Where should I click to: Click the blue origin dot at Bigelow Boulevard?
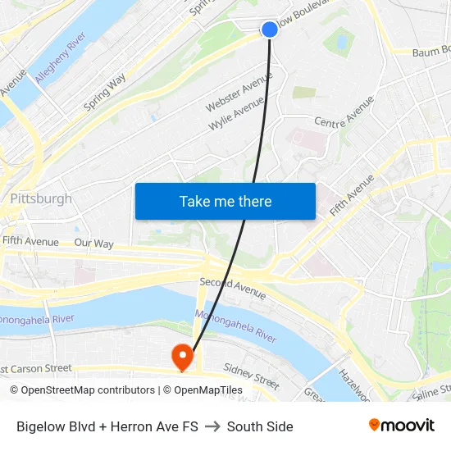[x=270, y=30]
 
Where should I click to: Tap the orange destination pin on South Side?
[x=181, y=356]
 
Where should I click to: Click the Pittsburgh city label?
[x=41, y=198]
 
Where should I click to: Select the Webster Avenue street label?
[x=239, y=92]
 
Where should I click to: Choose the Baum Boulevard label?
[x=430, y=52]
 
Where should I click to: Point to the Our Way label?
[x=93, y=244]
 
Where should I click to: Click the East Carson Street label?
[x=37, y=369]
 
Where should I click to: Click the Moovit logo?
[x=401, y=426]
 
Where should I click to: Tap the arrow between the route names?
[x=212, y=426]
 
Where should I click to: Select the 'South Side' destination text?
[x=260, y=426]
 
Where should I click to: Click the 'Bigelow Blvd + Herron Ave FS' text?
[x=107, y=426]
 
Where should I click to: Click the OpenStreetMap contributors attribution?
[x=82, y=390]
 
